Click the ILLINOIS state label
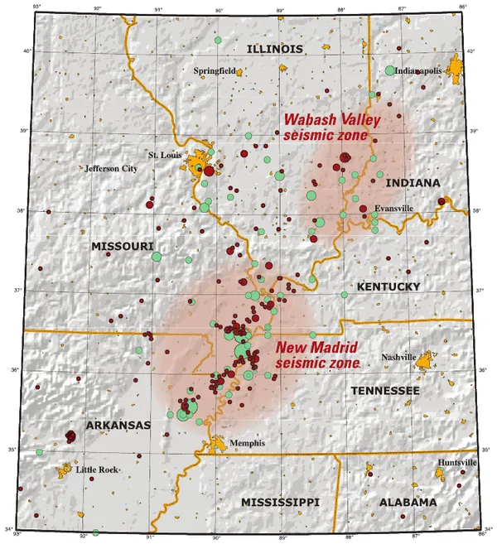click(274, 50)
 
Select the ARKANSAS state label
click(117, 426)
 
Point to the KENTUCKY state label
click(389, 286)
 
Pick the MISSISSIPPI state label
click(280, 503)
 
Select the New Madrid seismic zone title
click(317, 355)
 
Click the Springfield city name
click(215, 71)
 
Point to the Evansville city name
click(393, 209)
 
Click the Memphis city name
click(248, 443)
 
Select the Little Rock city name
click(97, 469)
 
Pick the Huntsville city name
click(458, 463)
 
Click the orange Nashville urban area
click(425, 360)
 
